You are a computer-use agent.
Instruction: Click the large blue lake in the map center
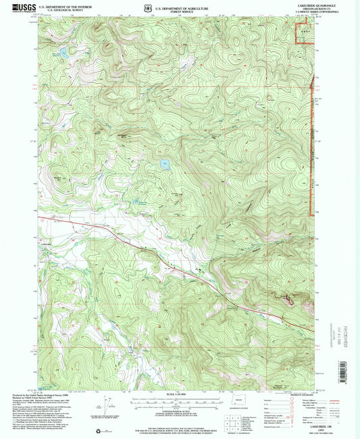164,163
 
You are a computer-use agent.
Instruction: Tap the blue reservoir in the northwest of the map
62,51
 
